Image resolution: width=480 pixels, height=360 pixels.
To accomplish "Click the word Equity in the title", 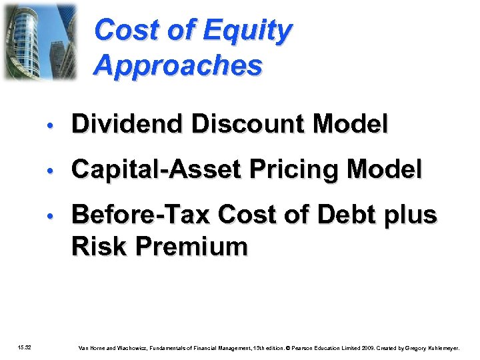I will click(248, 31).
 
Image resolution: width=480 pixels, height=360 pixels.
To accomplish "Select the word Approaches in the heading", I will click(178, 66).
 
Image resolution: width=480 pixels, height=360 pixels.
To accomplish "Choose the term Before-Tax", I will click(141, 215).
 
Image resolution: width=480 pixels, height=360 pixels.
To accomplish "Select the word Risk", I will click(99, 246).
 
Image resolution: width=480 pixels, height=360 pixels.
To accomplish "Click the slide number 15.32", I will click(31, 347).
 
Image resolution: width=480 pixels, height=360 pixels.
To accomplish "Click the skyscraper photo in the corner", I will click(39, 41).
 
